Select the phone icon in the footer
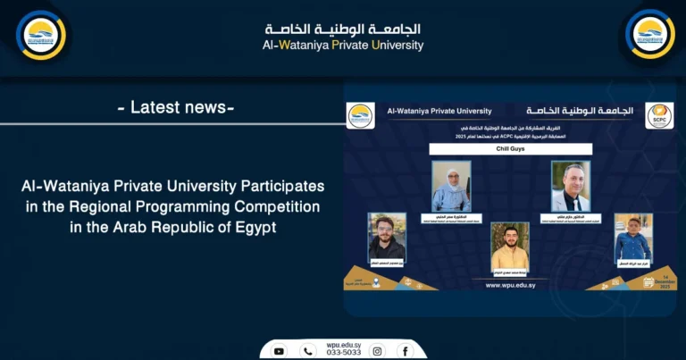click(308, 351)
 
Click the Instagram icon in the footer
click(378, 351)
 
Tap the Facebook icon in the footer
click(405, 351)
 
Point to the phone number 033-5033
click(343, 354)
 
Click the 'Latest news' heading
click(176, 108)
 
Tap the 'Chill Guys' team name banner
click(510, 149)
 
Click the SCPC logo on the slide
click(660, 115)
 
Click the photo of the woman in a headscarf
click(451, 186)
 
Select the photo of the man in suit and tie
click(570, 186)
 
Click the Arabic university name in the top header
click(344, 29)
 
